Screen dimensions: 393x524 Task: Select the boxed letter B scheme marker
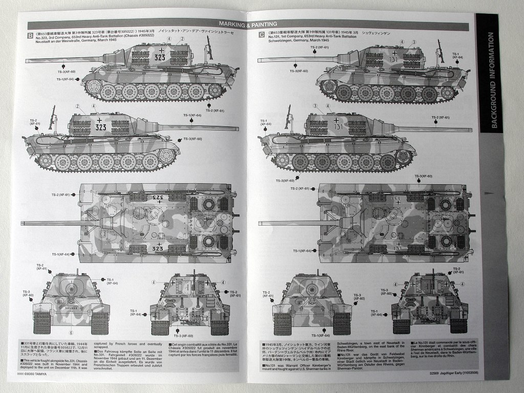[x=30, y=36]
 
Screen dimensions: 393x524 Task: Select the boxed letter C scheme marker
[x=261, y=35]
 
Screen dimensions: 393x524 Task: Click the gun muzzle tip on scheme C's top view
[x=260, y=224]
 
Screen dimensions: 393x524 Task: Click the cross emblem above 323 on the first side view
[x=162, y=50]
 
